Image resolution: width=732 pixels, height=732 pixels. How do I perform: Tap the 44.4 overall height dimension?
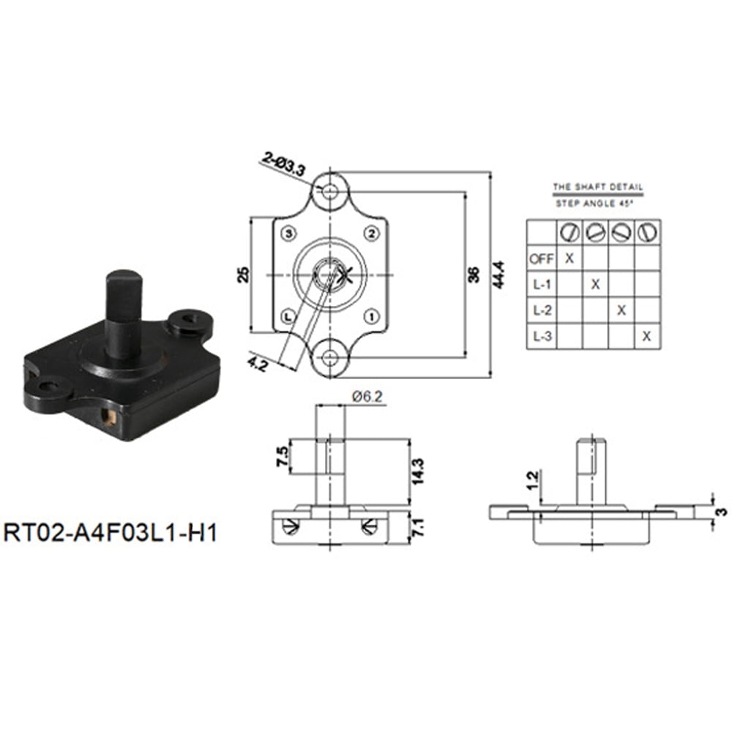point(499,274)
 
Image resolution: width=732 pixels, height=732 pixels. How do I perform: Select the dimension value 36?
point(474,275)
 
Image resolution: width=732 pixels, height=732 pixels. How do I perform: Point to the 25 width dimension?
point(244,274)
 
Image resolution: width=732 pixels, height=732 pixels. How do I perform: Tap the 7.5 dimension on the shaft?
point(281,457)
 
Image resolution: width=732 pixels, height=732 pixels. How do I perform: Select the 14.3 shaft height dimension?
point(418,472)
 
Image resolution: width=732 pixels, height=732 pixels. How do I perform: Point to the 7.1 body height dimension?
point(418,526)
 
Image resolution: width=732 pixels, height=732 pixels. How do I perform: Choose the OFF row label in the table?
point(541,258)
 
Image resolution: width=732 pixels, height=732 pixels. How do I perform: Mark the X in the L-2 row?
point(621,310)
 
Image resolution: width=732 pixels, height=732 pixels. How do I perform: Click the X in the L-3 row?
point(646,336)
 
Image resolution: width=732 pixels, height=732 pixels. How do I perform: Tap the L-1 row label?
point(541,284)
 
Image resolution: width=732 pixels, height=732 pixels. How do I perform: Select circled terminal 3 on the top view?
point(289,234)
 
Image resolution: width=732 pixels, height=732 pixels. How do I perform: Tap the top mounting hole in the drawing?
point(331,192)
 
